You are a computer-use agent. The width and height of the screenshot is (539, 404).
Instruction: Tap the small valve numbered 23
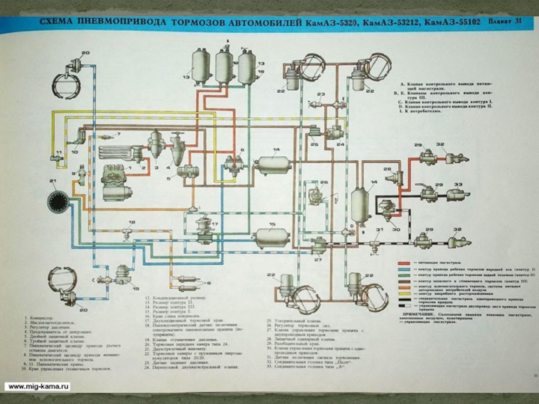click(322, 104)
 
